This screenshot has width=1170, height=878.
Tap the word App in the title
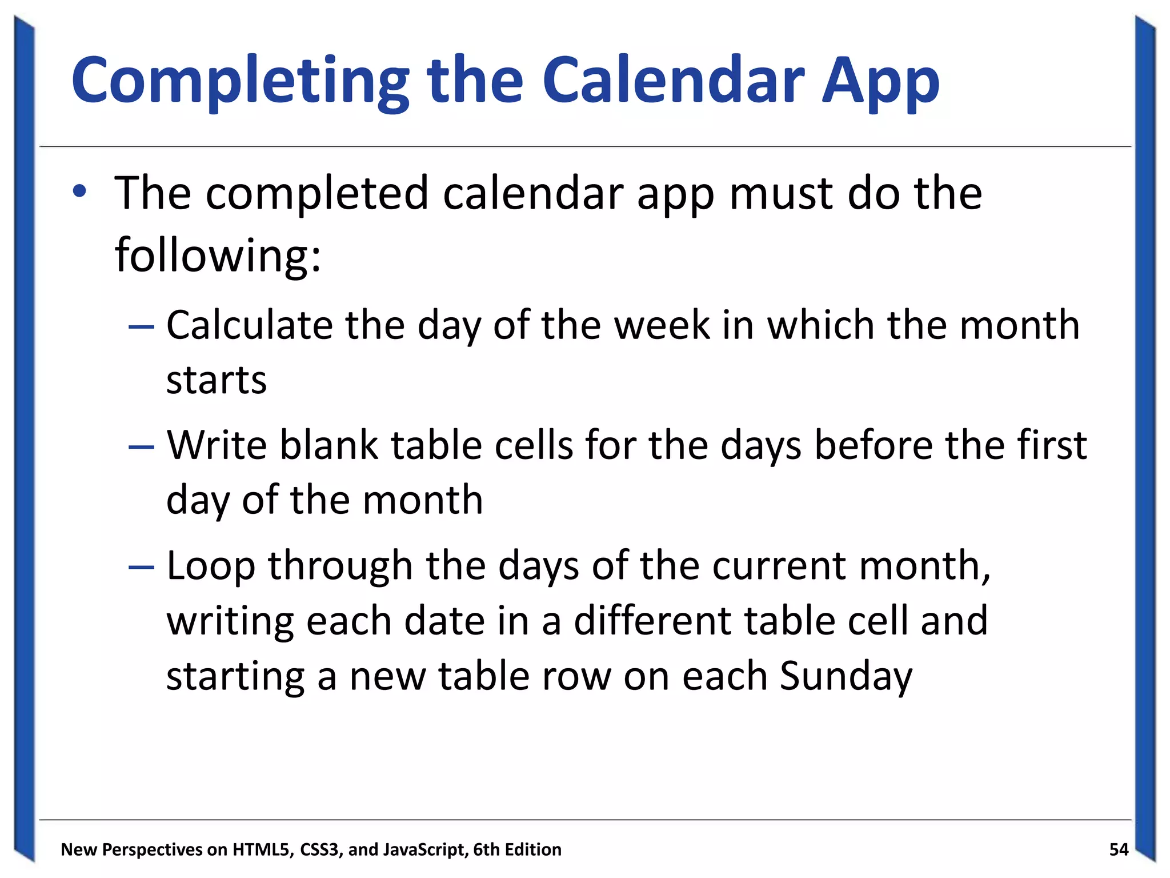tap(880, 81)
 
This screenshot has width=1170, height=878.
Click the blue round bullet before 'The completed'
tap(79, 191)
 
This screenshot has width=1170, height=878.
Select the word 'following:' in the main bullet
tap(218, 255)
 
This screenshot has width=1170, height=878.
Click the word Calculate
tap(249, 325)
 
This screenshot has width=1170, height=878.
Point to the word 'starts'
tap(216, 380)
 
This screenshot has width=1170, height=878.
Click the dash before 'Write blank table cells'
tap(141, 446)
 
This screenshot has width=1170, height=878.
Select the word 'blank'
tap(328, 445)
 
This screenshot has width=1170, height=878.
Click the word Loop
tap(210, 566)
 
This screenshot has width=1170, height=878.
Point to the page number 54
tap(1118, 849)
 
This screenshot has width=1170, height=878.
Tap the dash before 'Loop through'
tap(141, 566)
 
